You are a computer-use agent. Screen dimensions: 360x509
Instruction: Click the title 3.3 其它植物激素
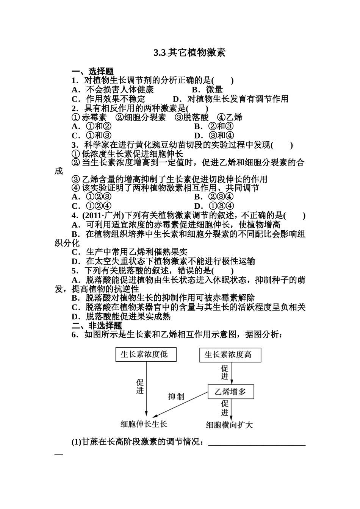click(x=189, y=53)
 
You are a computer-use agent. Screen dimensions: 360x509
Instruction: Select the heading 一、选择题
click(x=92, y=72)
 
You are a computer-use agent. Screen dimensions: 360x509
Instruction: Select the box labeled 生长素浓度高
click(x=230, y=355)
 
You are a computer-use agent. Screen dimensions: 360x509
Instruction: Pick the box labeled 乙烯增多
click(x=230, y=392)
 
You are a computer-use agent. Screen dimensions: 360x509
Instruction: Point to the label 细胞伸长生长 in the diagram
click(x=144, y=424)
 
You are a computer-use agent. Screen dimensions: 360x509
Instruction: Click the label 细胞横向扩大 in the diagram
click(x=229, y=425)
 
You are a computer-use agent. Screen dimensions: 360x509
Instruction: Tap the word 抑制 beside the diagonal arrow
click(x=176, y=397)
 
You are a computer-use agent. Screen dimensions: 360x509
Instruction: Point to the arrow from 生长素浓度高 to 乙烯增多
click(x=232, y=373)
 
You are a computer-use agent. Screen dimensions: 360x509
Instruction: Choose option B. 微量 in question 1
click(x=207, y=90)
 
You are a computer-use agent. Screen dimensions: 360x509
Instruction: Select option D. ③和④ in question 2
click(x=214, y=136)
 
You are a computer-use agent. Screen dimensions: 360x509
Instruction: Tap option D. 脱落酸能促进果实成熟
click(x=121, y=316)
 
